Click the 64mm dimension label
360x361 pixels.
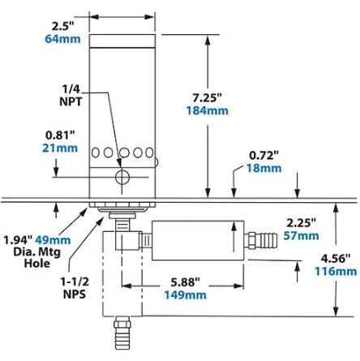click(62, 39)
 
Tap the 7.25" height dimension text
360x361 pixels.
click(207, 97)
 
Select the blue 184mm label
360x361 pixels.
click(207, 110)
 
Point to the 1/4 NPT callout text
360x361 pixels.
click(71, 96)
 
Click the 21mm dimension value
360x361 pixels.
click(60, 148)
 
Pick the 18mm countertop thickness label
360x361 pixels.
click(264, 168)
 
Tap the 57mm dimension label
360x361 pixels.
click(301, 235)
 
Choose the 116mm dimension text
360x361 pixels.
click(336, 271)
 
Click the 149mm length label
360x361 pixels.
click(186, 294)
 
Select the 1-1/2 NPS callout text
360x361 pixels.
click(75, 288)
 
